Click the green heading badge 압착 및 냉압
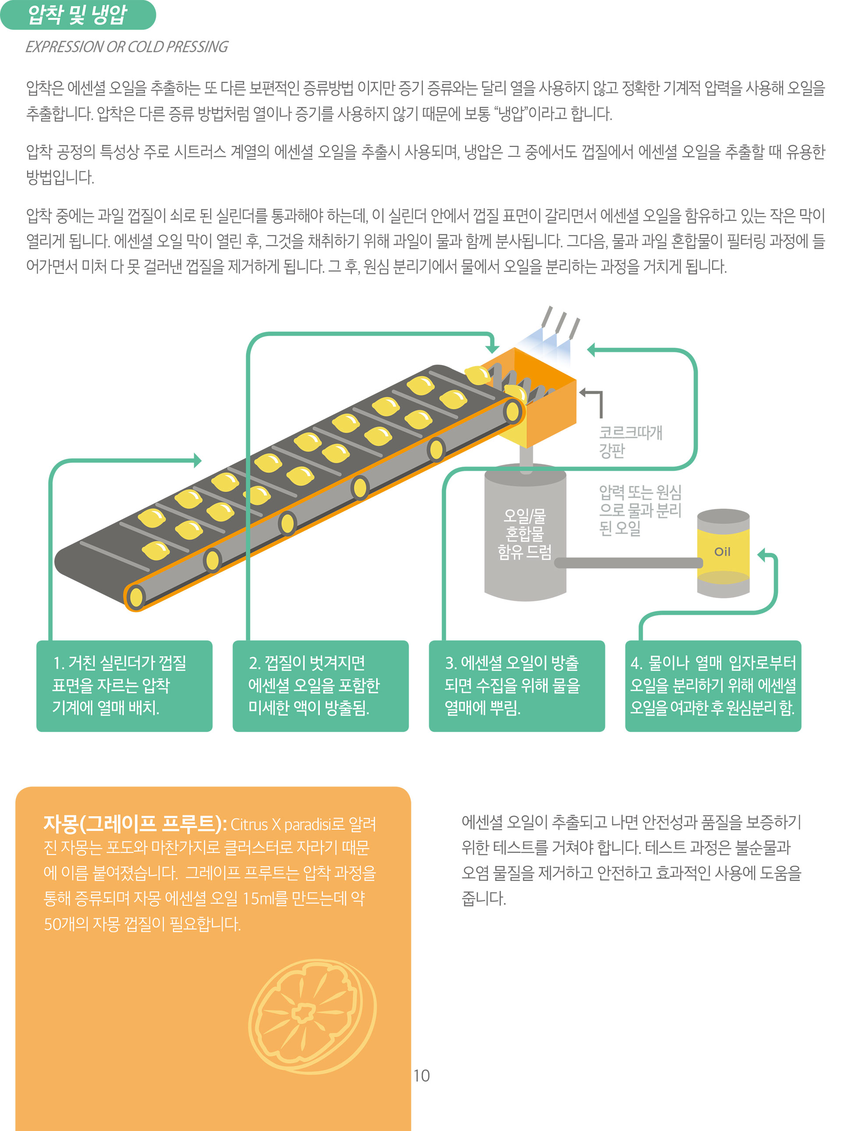point(78,15)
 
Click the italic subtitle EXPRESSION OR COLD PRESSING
point(127,47)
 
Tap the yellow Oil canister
point(723,553)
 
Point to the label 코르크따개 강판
point(631,441)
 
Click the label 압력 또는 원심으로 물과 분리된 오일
point(640,510)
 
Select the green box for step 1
point(124,685)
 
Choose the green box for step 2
point(321,685)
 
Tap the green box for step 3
point(517,685)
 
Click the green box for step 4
point(713,685)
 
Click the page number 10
point(421,1075)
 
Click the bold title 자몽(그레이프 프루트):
point(135,823)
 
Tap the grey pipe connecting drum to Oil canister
point(629,563)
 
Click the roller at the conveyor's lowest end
point(136,597)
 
